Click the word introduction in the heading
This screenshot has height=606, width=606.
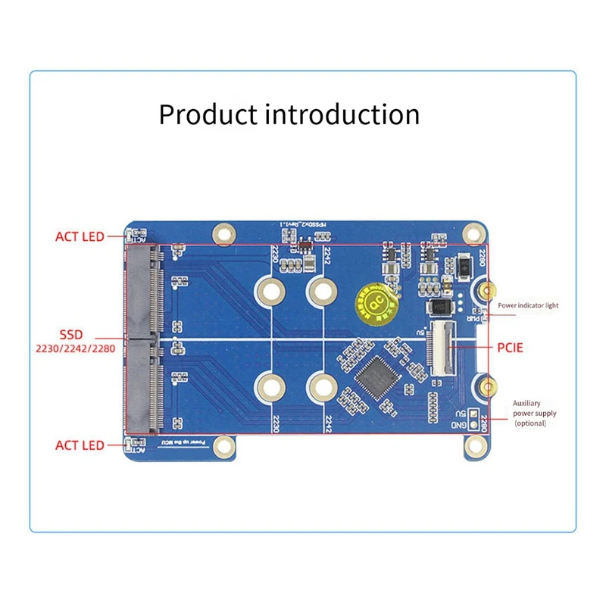click(x=342, y=114)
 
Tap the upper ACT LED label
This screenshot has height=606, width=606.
click(x=80, y=237)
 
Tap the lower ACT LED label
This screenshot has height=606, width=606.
click(x=80, y=445)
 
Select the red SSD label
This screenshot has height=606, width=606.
click(x=75, y=334)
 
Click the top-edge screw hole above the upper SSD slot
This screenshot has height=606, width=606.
click(x=222, y=233)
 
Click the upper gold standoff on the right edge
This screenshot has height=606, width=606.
click(x=488, y=290)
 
